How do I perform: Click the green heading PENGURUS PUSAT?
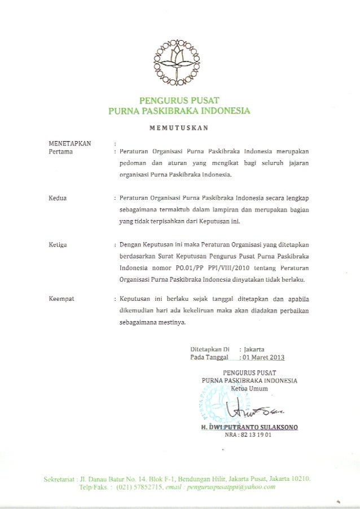click(x=179, y=100)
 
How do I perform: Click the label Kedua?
click(x=57, y=199)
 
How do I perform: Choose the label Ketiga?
click(x=59, y=245)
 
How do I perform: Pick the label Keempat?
click(x=62, y=297)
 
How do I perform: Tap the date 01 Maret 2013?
click(x=263, y=357)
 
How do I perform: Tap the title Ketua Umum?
click(x=249, y=388)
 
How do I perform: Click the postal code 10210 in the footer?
click(x=299, y=479)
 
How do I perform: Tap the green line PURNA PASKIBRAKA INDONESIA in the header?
click(x=179, y=111)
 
